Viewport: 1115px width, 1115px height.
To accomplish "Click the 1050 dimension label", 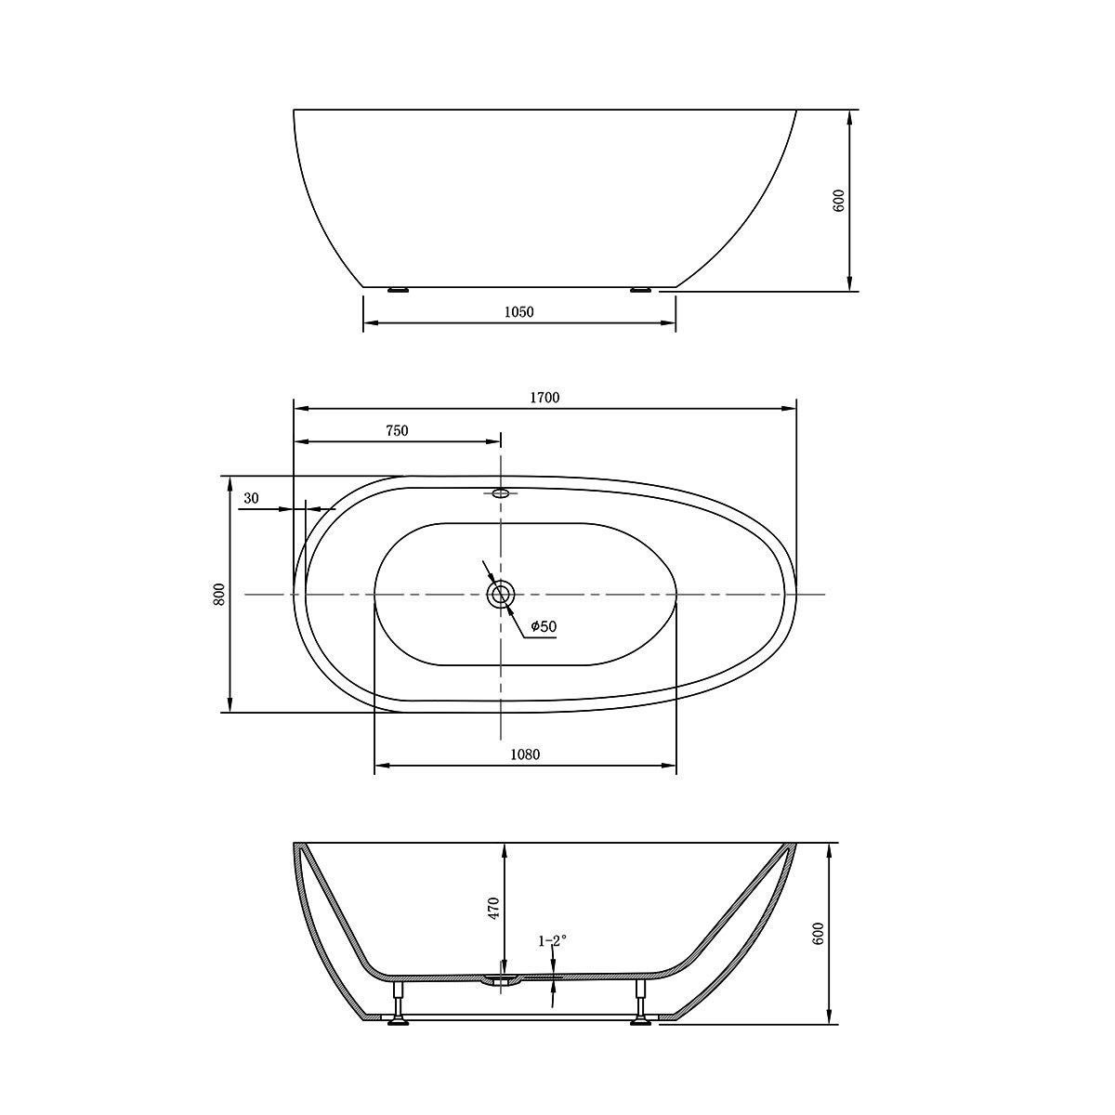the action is (x=519, y=312).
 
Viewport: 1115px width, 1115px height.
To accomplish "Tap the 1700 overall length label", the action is (x=544, y=398).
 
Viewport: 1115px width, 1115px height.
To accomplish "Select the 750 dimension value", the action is (x=397, y=430).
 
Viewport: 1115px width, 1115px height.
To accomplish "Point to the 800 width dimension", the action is (x=218, y=595).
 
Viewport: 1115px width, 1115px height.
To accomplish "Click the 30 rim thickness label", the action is (x=251, y=498).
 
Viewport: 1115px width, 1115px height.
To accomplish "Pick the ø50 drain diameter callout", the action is (x=544, y=626).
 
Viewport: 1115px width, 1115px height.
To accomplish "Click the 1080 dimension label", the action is (x=525, y=754).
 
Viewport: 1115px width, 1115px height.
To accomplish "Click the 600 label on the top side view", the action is (x=839, y=200).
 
